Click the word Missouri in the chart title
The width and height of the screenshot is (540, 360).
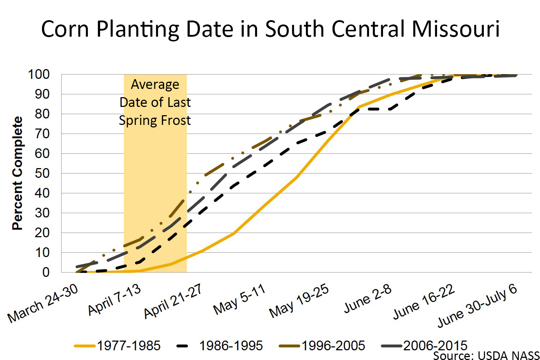pos(456,29)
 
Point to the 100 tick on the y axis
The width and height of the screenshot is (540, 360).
pos(39,75)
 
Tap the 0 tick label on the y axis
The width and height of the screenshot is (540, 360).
pos(46,273)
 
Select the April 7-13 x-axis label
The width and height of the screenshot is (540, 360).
pos(114,300)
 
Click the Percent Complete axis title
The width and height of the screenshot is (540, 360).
pos(17,173)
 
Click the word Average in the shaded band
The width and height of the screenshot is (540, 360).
pos(155,84)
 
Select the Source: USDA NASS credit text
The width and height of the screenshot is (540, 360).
pos(486,355)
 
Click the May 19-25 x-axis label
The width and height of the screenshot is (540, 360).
pos(299,301)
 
